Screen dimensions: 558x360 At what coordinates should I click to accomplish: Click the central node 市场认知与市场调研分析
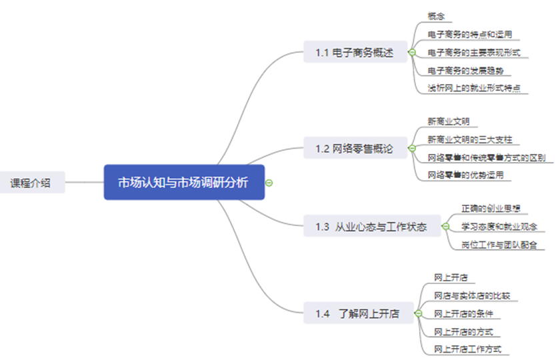coord(184,182)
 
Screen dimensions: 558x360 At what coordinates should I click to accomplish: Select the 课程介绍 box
coord(30,182)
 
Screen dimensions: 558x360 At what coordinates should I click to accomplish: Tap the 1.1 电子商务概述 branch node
coord(355,52)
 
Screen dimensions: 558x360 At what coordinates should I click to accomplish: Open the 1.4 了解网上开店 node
coord(357,313)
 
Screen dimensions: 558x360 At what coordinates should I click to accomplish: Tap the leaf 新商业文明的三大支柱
coord(469,139)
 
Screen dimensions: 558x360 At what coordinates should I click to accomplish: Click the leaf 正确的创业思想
coord(491,209)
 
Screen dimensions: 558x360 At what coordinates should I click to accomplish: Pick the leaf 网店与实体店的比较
coord(472,295)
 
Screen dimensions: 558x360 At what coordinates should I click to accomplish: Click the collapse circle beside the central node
coord(269,182)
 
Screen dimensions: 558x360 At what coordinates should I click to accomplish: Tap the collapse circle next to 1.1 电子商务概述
coord(412,52)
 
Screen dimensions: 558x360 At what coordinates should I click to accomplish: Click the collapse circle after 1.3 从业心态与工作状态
coord(445,227)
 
